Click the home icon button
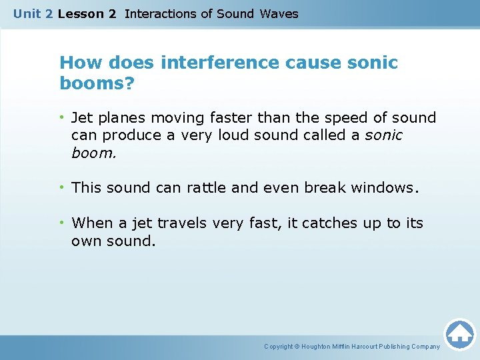point(459,333)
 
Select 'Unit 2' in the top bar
point(33,13)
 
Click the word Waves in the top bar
point(279,13)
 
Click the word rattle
point(205,187)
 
